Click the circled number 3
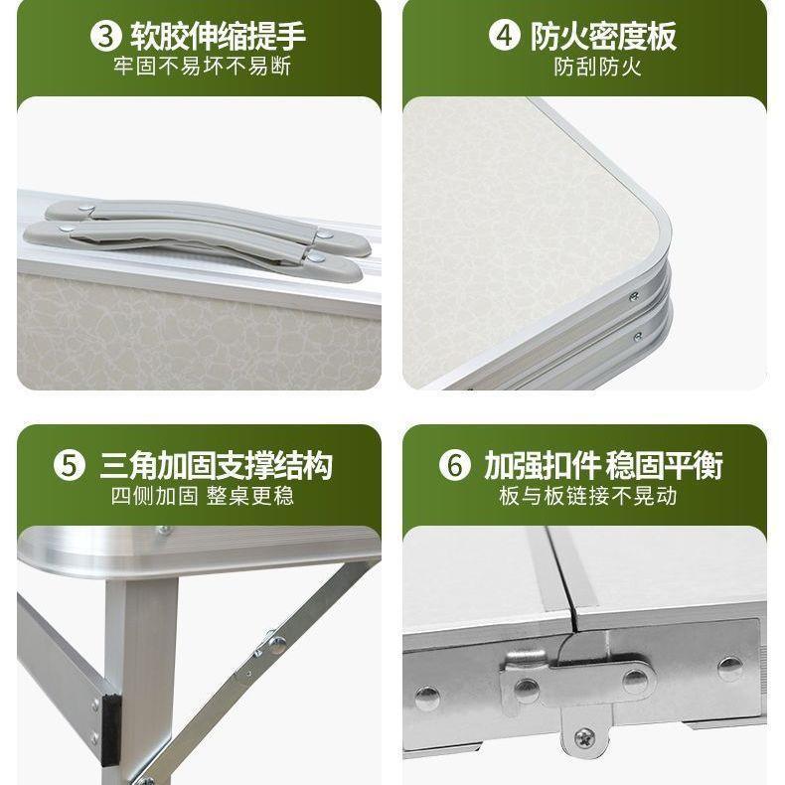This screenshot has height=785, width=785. tap(104, 37)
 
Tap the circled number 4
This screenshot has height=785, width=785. tap(505, 37)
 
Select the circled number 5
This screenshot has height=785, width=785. tap(69, 466)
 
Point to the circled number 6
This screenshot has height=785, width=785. tap(454, 466)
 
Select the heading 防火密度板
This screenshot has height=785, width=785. tap(603, 37)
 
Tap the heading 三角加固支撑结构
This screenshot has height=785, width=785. tap(216, 466)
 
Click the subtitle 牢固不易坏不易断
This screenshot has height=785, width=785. tap(202, 68)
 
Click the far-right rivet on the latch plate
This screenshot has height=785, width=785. tap(730, 668)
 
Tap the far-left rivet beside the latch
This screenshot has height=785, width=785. tap(427, 695)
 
